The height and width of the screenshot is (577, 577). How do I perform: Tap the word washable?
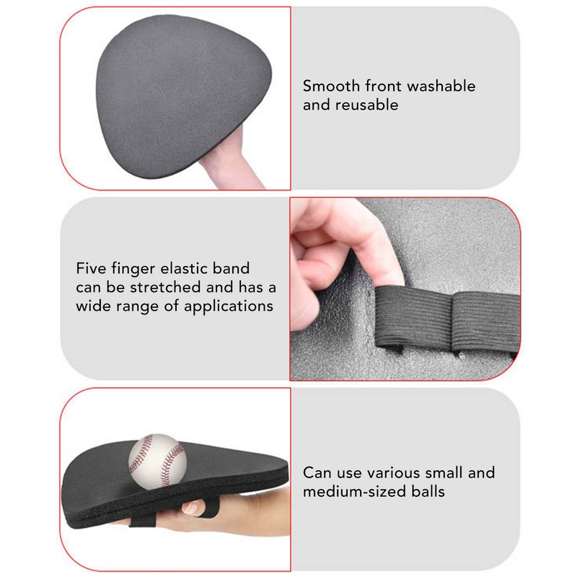point(441,86)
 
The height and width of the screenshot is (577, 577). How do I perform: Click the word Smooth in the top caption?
point(328,86)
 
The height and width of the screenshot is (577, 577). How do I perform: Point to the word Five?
point(92,269)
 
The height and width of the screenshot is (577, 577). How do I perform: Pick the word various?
point(392,473)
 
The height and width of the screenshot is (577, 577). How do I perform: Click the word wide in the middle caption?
point(93,307)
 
